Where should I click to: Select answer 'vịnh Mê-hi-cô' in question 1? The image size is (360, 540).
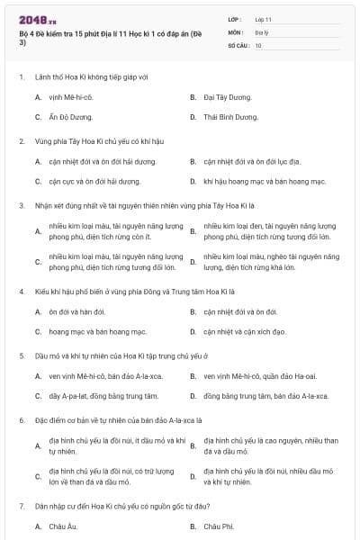[x=73, y=96]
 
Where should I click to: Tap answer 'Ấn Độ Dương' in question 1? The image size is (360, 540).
[x=71, y=117]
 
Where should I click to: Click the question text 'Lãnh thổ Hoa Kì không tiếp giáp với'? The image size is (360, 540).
[x=85, y=76]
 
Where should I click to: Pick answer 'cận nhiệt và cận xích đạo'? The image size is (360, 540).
[x=244, y=332]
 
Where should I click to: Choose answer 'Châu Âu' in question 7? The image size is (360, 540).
[x=62, y=526]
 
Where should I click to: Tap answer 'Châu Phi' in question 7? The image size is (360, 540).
[x=219, y=526]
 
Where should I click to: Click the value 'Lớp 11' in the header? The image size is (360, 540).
[x=263, y=19]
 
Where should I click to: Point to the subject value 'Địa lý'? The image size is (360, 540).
[x=261, y=31]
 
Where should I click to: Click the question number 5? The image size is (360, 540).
[x=21, y=356]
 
